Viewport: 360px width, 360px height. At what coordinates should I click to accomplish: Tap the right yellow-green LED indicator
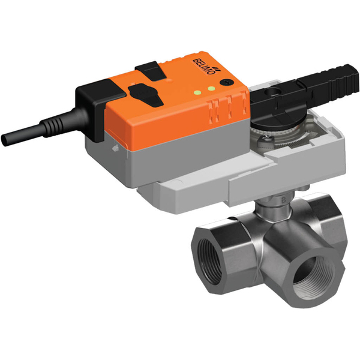pos(212,88)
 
